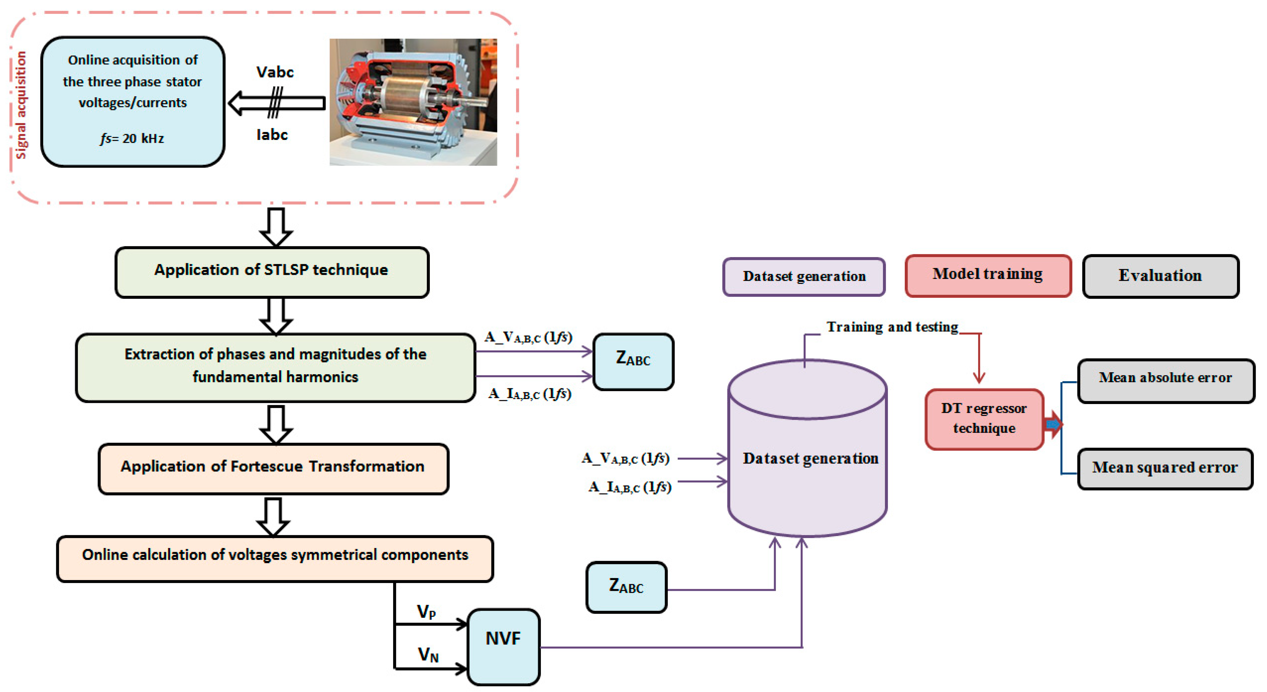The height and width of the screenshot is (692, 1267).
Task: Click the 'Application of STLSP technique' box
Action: coord(272,272)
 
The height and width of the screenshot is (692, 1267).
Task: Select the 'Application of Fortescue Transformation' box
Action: coord(273,468)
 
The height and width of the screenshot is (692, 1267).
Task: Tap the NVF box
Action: coord(503,646)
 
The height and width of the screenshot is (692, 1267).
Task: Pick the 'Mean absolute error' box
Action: coord(1165,380)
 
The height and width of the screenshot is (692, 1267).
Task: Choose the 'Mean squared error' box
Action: coord(1165,468)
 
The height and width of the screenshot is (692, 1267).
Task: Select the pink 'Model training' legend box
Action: coord(988,275)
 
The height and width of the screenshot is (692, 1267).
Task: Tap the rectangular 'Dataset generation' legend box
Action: coord(804,277)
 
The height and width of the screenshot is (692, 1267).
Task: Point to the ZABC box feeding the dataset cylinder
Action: coord(626,587)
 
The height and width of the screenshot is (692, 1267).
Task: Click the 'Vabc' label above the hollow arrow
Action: coord(275,72)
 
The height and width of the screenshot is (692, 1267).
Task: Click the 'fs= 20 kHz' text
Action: coord(132,138)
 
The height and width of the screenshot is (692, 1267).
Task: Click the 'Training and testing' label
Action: coord(892,327)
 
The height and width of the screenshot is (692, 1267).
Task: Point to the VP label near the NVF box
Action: coord(426,612)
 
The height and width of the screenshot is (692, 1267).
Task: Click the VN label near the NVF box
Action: coord(428,655)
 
